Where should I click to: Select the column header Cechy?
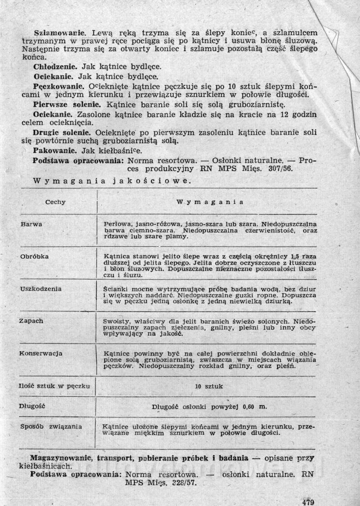(x=55, y=202)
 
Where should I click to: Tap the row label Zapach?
(x=31, y=321)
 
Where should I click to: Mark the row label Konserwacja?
(x=41, y=353)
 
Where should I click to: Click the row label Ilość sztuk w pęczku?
(x=54, y=386)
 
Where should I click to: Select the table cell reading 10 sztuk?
(x=209, y=386)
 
